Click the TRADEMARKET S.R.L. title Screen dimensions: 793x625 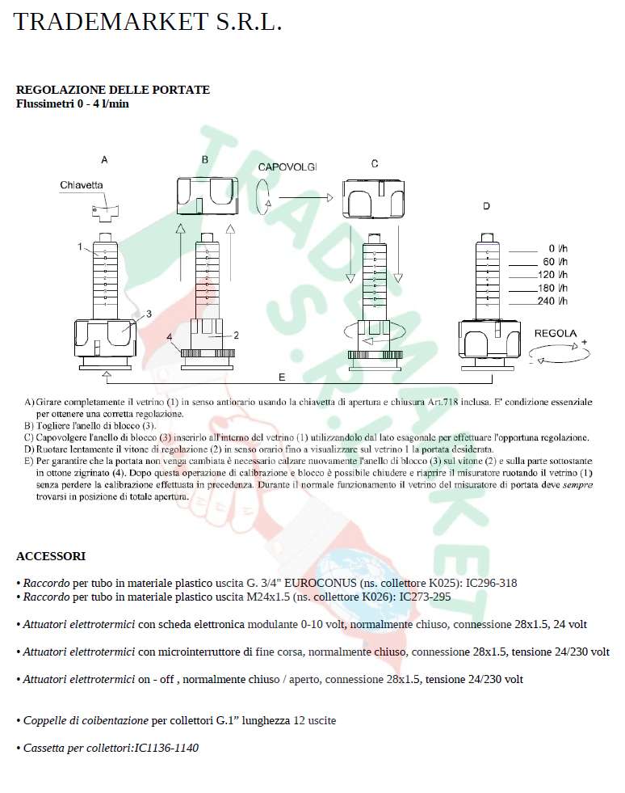[x=148, y=22]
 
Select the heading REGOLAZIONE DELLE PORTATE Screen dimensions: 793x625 [x=113, y=90]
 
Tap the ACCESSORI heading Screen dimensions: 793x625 [x=51, y=556]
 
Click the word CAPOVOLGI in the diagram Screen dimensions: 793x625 [x=287, y=167]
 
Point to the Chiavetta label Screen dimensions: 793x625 [x=82, y=185]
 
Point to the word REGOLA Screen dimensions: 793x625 [x=556, y=333]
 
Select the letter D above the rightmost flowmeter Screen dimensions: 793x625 [x=486, y=207]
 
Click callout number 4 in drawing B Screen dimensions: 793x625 [x=170, y=336]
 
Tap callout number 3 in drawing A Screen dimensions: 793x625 [x=149, y=314]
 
